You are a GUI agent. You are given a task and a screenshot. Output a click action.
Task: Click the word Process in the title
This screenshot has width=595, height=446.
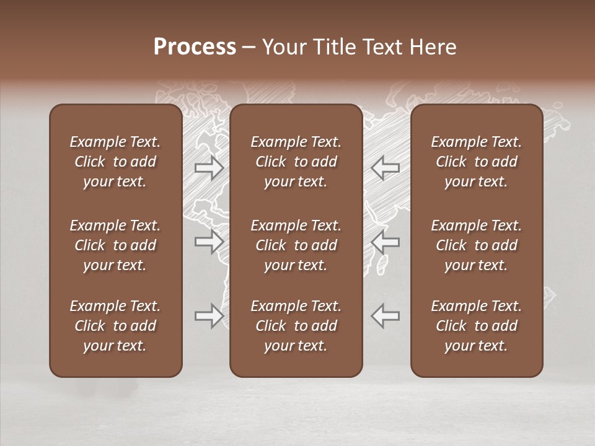[x=195, y=47]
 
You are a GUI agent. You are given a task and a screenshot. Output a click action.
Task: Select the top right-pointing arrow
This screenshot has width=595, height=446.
[x=209, y=168]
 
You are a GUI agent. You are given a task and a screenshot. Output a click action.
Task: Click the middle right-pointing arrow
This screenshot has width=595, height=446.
[x=209, y=242]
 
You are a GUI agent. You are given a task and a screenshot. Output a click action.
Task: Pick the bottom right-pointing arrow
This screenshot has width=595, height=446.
[x=209, y=316]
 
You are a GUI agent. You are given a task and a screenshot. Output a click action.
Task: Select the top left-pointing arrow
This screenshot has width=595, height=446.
[x=385, y=168]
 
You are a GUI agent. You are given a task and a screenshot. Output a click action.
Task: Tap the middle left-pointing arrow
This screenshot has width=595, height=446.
[x=385, y=242]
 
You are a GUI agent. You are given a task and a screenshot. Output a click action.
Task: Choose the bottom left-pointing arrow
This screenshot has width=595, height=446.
[x=385, y=316]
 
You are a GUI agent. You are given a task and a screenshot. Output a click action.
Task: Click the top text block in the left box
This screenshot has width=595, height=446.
[x=115, y=162]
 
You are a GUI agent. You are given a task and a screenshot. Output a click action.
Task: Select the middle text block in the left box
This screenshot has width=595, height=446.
[x=115, y=245]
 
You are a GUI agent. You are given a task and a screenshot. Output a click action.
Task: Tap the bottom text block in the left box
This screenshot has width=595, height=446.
[x=115, y=326]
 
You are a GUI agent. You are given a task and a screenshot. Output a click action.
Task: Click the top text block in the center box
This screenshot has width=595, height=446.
[x=296, y=162]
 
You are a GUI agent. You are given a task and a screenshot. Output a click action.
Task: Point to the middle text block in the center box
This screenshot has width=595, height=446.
[x=296, y=245]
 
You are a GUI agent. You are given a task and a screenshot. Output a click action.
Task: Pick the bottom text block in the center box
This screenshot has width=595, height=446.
[x=296, y=326]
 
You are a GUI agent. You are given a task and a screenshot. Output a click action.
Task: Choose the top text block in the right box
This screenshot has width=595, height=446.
[x=476, y=162]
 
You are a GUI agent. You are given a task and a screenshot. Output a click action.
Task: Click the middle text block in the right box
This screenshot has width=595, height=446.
[x=476, y=245]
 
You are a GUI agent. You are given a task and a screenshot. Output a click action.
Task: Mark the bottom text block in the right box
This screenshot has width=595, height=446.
[x=476, y=326]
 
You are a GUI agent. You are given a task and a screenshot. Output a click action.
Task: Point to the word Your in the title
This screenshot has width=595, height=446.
[x=282, y=47]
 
